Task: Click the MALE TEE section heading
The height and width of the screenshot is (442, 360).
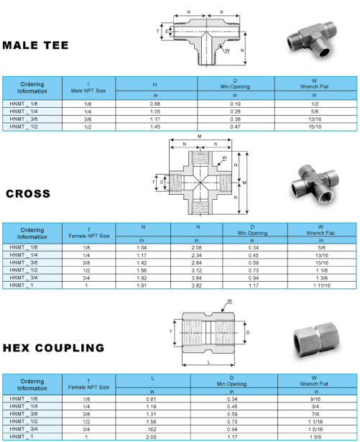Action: pos(35,45)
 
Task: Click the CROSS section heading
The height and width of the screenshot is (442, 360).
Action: pos(28,193)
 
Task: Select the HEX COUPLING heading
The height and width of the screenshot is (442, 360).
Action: pos(54,348)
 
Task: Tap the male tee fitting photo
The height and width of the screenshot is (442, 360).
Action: pos(313,40)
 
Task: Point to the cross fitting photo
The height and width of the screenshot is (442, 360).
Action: pos(315,183)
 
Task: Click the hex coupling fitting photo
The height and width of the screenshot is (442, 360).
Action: pos(316,341)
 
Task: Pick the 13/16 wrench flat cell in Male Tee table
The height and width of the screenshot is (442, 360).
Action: pos(315,119)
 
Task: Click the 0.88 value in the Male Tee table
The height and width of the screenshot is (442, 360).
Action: pos(155,104)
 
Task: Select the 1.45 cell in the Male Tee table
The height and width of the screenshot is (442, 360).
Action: pos(155,126)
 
